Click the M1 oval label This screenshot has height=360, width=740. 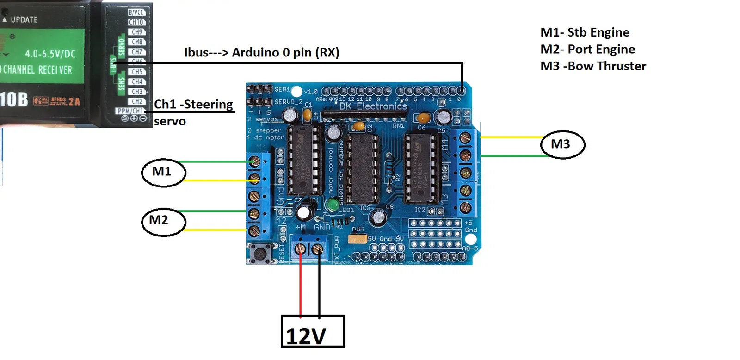163,172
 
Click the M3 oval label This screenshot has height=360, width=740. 562,145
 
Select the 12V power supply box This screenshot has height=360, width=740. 313,331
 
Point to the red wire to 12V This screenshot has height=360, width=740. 301,287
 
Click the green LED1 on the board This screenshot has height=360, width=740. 332,204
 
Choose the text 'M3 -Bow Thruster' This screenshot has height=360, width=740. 593,66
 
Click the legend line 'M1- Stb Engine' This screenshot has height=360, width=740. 585,32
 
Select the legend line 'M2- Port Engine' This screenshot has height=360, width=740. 587,49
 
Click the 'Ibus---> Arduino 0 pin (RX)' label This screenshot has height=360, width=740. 262,52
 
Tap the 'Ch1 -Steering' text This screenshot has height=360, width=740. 193,104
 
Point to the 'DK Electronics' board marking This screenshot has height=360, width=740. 373,106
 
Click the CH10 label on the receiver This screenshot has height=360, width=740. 136,22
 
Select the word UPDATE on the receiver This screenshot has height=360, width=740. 24,19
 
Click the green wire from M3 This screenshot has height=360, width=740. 513,156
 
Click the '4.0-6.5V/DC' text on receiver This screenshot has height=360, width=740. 50,54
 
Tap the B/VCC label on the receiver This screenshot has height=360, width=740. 136,12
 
